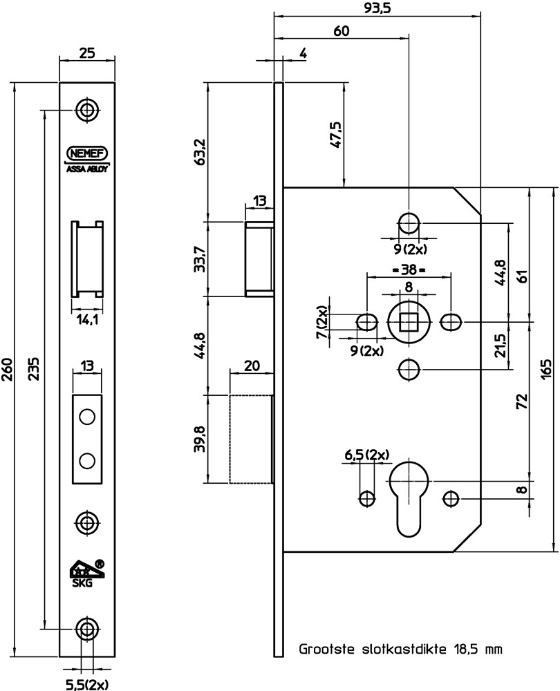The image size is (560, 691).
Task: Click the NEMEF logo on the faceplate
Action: [87, 153]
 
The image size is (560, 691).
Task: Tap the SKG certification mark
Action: [87, 574]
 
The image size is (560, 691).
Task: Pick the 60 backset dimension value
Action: [341, 31]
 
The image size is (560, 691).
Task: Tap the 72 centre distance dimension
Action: [522, 401]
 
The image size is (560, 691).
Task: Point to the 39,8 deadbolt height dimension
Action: [200, 439]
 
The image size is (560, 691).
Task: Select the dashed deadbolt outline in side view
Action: [251, 439]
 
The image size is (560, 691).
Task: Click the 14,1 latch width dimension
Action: [87, 320]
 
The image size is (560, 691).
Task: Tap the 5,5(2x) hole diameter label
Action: [87, 684]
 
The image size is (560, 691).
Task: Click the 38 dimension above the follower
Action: [409, 269]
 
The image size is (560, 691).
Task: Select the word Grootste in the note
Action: [327, 649]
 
